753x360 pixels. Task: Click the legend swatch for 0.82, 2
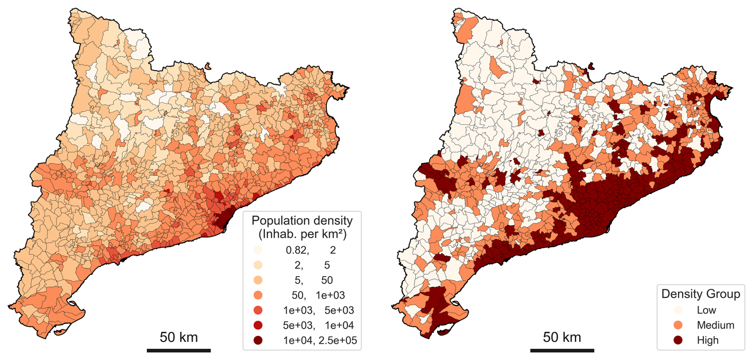tap(258, 250)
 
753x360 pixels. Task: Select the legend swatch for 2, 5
tap(258, 265)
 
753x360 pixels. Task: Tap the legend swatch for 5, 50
tap(258, 280)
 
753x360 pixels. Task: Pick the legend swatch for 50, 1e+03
tap(258, 295)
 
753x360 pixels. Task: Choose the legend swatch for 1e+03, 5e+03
tap(258, 310)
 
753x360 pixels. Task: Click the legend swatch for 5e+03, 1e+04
tap(258, 325)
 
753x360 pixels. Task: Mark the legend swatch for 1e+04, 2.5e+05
tap(258, 341)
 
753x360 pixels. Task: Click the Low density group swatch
tap(678, 310)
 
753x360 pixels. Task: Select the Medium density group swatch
tap(678, 325)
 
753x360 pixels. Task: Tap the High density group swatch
tap(678, 341)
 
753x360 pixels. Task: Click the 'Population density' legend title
tap(302, 220)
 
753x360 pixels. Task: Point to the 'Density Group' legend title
tap(700, 294)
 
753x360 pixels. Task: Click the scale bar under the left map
tap(179, 350)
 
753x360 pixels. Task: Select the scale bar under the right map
tap(562, 350)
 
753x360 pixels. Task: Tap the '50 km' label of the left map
tap(179, 337)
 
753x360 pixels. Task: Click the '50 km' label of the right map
tap(562, 337)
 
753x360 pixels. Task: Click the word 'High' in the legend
tap(708, 341)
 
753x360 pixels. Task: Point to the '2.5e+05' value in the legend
tap(338, 341)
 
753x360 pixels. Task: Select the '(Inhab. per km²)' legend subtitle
tap(302, 234)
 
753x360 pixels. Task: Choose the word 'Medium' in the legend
tap(716, 325)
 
